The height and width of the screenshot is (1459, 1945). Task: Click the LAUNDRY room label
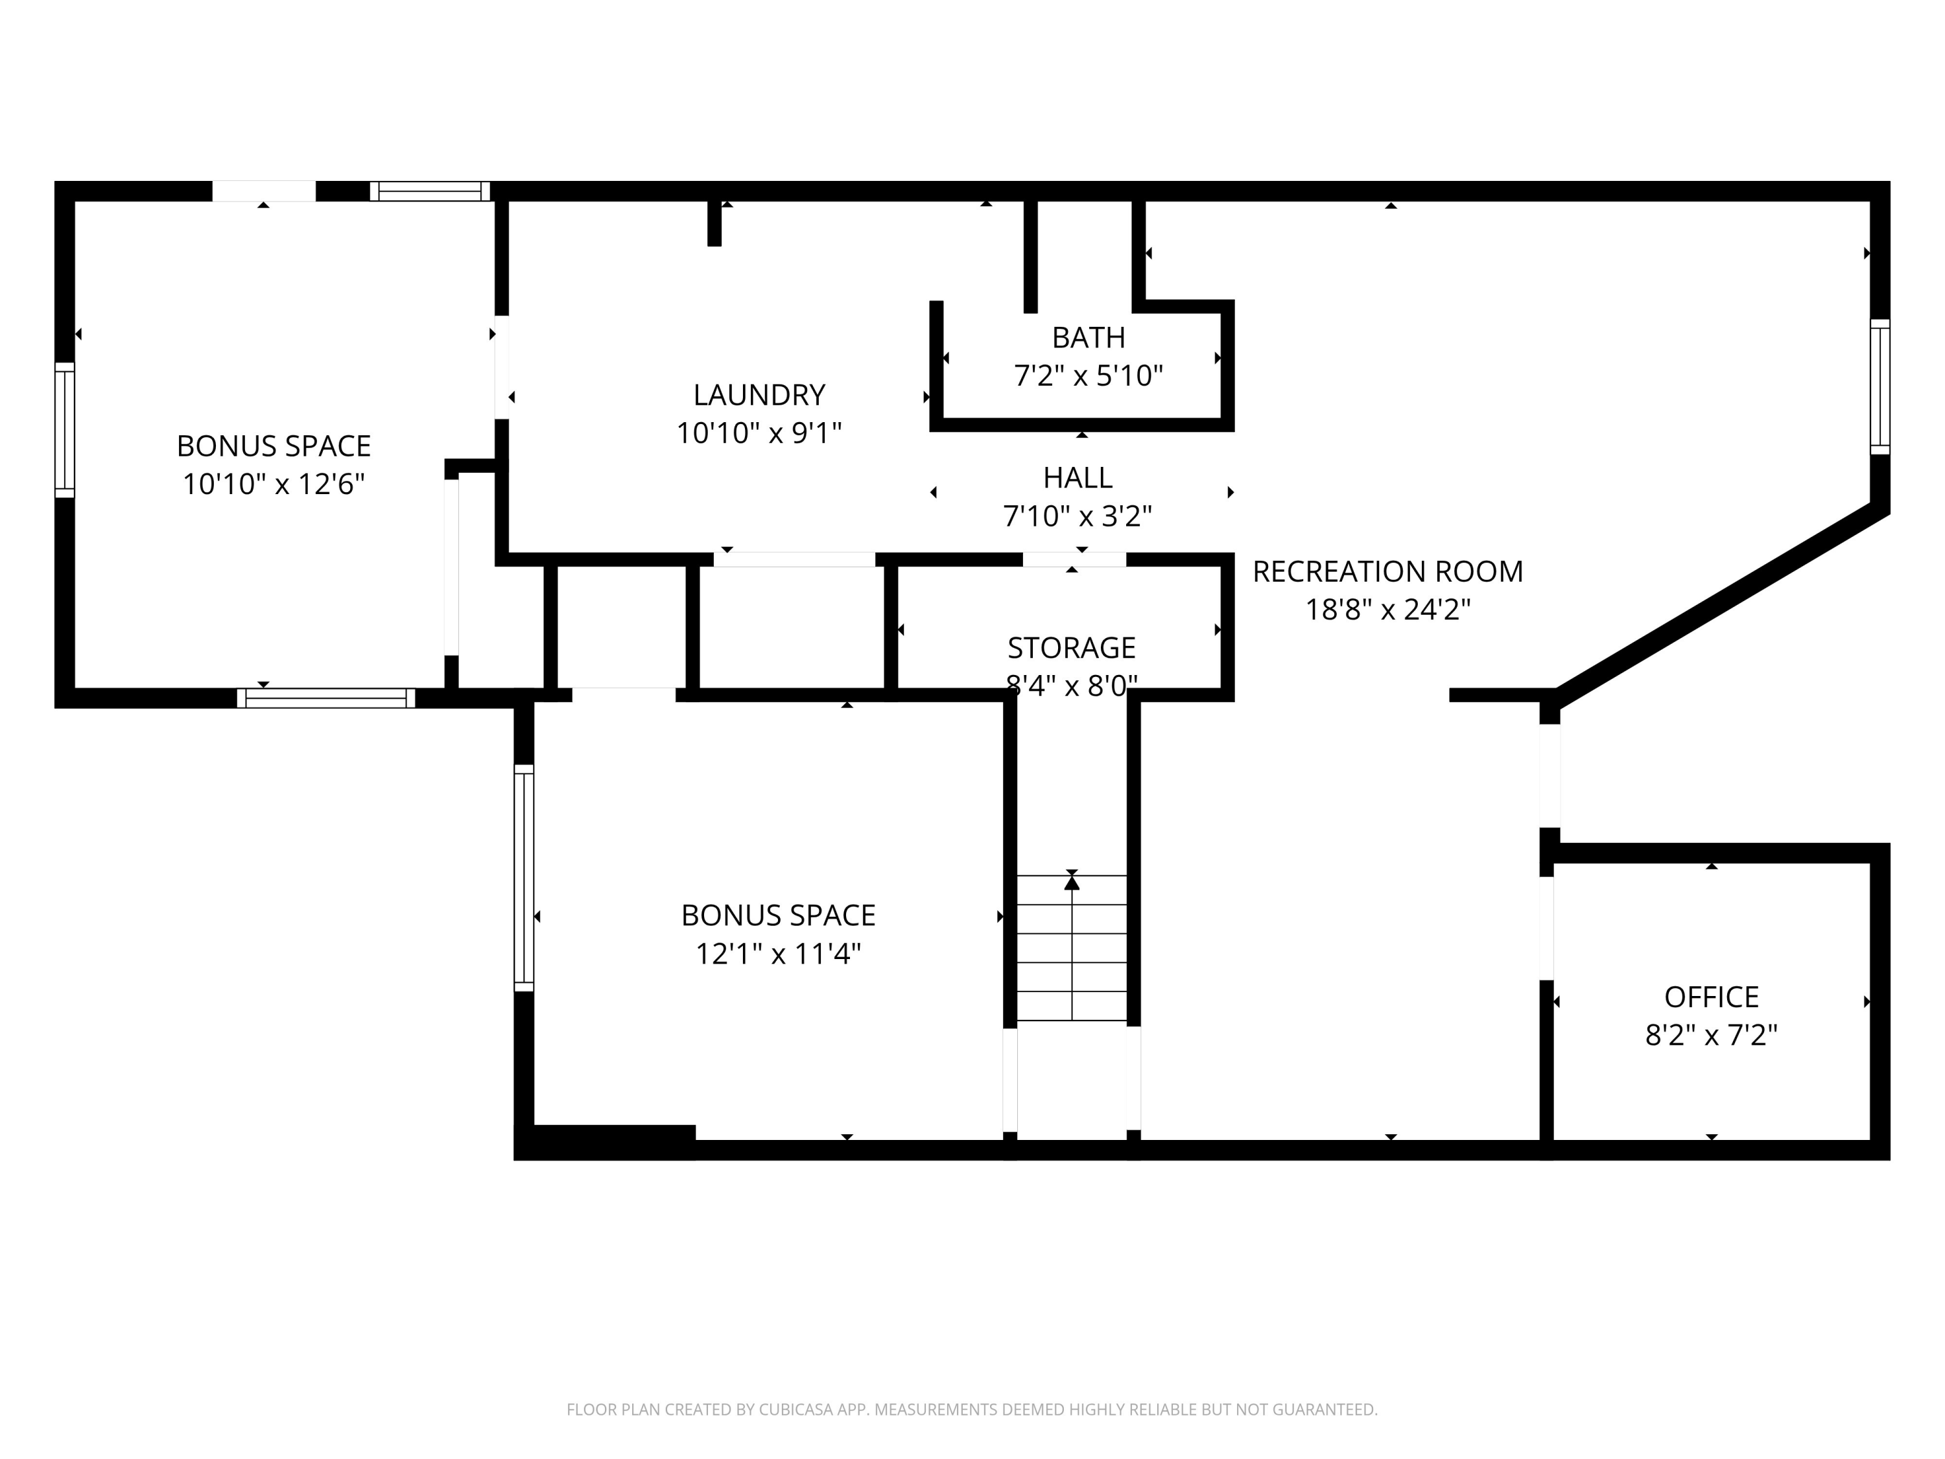759,395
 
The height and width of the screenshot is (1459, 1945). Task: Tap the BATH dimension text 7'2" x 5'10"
1088,376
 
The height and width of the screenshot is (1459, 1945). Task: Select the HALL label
1077,477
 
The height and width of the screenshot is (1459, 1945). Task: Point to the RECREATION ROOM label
1387,572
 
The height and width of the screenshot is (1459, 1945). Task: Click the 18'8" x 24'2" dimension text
1387,610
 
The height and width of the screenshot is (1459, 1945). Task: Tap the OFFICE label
1710,997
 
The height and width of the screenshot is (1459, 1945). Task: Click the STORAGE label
1071,648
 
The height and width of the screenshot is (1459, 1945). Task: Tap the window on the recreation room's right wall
1879,387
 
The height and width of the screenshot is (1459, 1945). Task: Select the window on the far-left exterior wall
64,429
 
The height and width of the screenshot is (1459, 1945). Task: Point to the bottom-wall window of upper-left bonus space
325,698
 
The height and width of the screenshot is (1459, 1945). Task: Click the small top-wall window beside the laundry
429,191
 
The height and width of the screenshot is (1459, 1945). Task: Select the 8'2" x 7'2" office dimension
1710,1035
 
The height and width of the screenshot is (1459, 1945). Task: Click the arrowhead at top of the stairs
1071,882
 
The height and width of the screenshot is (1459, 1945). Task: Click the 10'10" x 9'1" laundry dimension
759,434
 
